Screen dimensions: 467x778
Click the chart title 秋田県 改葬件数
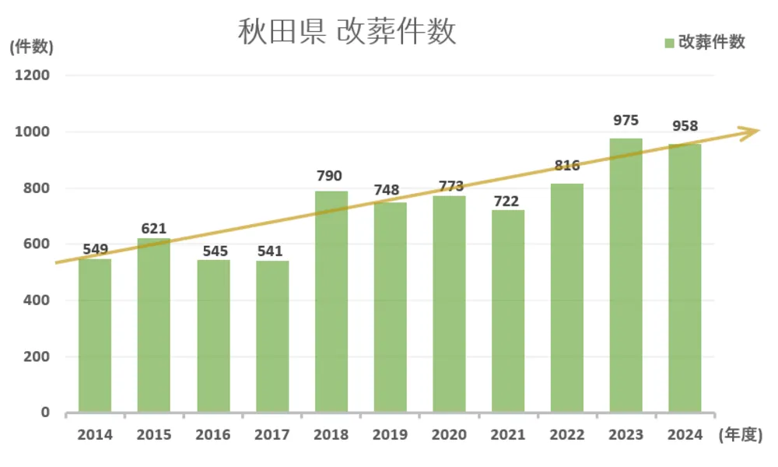(346, 33)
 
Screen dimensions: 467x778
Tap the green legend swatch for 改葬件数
(669, 43)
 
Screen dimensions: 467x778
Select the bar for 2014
(95, 335)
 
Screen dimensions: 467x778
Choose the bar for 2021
(508, 311)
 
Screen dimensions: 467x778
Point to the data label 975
(626, 121)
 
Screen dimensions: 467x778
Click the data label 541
(272, 251)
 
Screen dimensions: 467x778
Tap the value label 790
(330, 176)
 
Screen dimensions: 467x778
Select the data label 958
(685, 126)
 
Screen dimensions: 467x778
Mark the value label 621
(153, 229)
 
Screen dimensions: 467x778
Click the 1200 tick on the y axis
(33, 75)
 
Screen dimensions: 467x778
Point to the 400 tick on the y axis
(37, 300)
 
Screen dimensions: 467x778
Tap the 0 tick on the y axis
(45, 413)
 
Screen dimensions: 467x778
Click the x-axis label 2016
(213, 435)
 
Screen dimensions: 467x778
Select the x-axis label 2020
(449, 435)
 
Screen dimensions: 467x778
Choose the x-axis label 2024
(685, 435)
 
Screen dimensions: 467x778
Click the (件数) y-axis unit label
(31, 47)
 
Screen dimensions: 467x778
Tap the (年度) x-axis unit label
(738, 435)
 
